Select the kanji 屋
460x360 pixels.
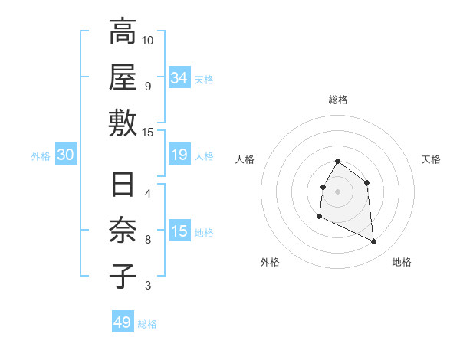(x=123, y=77)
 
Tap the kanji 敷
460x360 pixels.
(x=123, y=123)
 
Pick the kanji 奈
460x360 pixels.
(x=123, y=231)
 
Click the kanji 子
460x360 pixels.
(x=123, y=277)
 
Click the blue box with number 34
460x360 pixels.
(x=179, y=77)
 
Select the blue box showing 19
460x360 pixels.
(x=179, y=155)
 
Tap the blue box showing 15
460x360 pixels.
(x=179, y=231)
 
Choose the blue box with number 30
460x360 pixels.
(x=66, y=155)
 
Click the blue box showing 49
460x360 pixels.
(x=123, y=322)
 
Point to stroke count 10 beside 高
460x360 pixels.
(x=148, y=40)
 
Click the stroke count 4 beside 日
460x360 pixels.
(x=148, y=193)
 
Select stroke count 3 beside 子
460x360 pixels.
(x=148, y=286)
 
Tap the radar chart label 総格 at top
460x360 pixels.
(x=338, y=100)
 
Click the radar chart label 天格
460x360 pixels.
(x=432, y=159)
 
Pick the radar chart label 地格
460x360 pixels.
(x=402, y=262)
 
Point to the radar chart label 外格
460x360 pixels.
(x=270, y=262)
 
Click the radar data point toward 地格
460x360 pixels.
(x=374, y=242)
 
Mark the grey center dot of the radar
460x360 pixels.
(x=338, y=191)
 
